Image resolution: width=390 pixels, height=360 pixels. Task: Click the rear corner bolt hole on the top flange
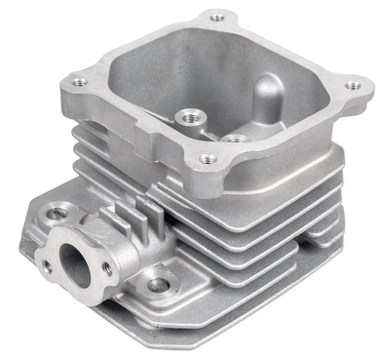tap(216, 18)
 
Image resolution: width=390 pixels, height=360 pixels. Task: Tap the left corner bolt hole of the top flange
tap(79, 82)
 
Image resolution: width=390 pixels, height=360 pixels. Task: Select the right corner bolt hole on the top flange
tap(352, 86)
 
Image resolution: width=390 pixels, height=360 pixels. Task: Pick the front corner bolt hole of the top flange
tap(207, 159)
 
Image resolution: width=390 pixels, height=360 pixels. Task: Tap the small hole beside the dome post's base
tap(234, 138)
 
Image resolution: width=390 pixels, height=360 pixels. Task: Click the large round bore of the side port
tap(76, 263)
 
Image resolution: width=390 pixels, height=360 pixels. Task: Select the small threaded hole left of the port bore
tap(46, 264)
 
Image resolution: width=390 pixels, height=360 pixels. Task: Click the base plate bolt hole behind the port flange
tap(59, 212)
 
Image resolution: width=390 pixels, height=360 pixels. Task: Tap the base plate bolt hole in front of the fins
tap(156, 285)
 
